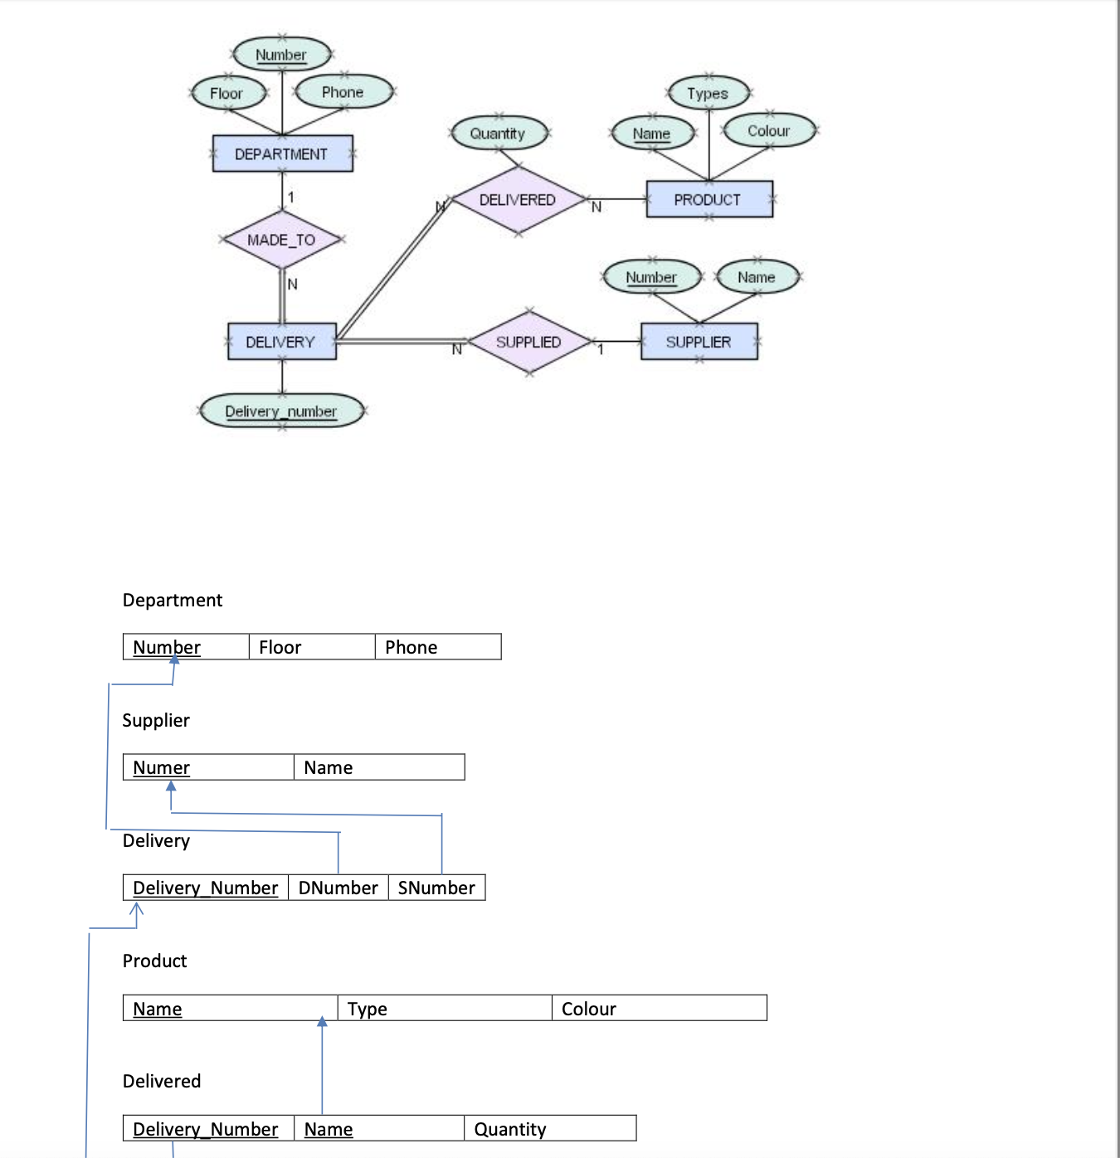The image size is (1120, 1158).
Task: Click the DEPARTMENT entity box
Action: (x=282, y=154)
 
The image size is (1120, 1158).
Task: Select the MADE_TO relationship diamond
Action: (x=282, y=240)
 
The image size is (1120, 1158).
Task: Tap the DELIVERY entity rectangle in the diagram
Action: (x=281, y=342)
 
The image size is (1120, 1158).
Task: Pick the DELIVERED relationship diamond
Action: (x=518, y=200)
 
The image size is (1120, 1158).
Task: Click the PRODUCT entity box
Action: (x=709, y=200)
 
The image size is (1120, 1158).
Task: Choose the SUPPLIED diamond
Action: (x=528, y=342)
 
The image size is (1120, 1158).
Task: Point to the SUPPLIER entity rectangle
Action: (x=699, y=342)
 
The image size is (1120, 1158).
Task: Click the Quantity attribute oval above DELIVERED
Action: (x=498, y=133)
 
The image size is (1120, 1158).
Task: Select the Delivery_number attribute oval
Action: (x=281, y=411)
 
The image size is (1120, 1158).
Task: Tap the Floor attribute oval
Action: (x=226, y=93)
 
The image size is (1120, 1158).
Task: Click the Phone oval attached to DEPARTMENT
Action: (x=343, y=92)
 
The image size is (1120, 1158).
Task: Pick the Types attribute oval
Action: (x=708, y=94)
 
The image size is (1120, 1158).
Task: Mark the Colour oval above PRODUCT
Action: (x=768, y=131)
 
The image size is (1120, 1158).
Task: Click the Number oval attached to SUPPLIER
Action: (x=651, y=277)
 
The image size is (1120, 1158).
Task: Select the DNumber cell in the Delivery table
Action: (x=338, y=888)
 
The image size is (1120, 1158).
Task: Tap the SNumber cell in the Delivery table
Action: (x=436, y=888)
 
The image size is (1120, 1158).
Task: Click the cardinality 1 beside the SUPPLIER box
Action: (x=601, y=350)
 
